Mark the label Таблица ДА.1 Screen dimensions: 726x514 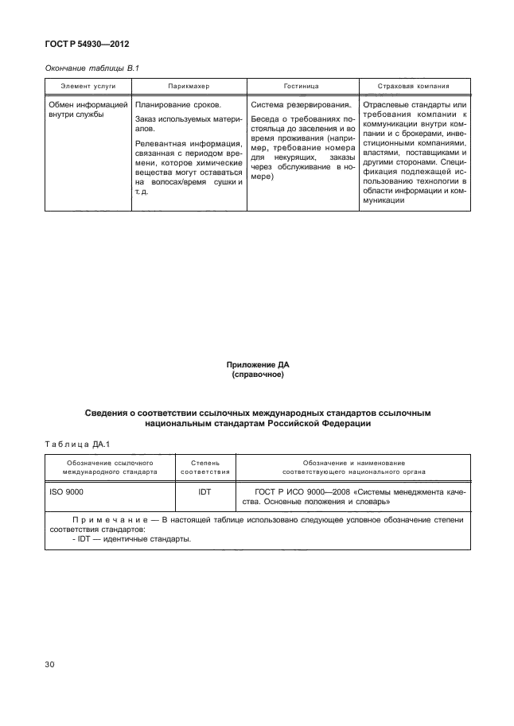[79, 444]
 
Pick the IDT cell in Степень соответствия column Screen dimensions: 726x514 [204, 492]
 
